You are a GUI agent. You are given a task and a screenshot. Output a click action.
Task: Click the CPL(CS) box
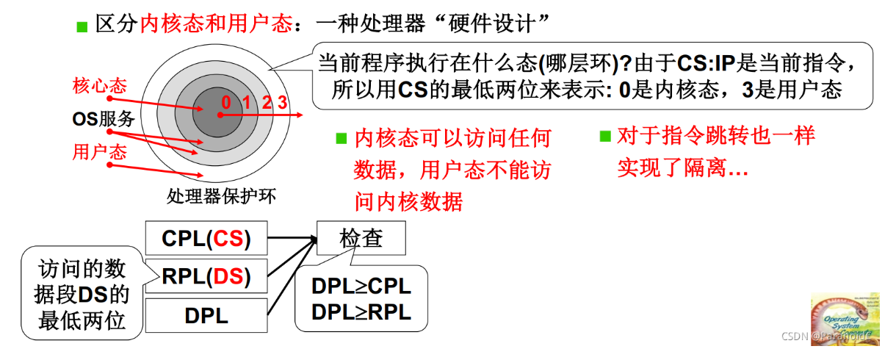(206, 239)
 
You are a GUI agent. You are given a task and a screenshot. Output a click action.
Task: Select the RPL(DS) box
(206, 277)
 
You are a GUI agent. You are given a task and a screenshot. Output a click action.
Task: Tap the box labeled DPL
(206, 316)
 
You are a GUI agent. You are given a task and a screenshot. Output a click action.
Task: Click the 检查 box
(361, 239)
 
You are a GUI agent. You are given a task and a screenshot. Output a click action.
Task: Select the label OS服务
(104, 118)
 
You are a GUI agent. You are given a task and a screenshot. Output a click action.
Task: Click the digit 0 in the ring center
(226, 101)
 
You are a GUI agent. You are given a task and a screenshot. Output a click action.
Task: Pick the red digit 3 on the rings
(283, 101)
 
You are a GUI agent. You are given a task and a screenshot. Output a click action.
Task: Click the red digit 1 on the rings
(247, 101)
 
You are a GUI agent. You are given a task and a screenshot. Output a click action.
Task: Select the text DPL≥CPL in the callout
(361, 287)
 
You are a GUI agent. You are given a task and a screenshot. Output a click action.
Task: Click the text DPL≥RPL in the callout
(361, 312)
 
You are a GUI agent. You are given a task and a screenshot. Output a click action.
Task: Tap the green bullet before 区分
(82, 27)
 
